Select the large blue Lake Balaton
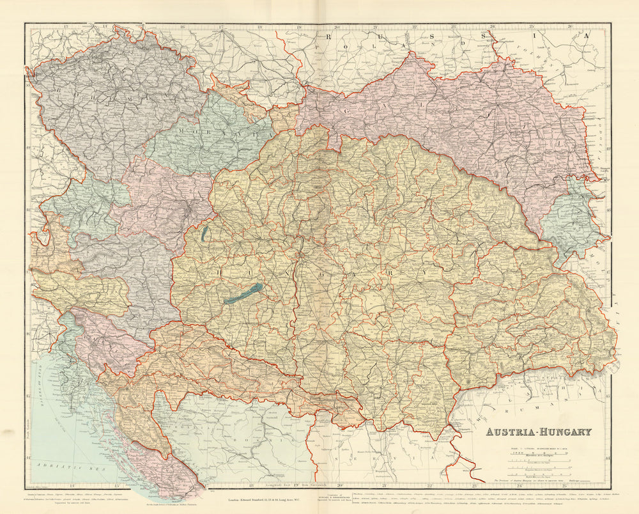(x=243, y=293)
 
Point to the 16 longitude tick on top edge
(x=182, y=27)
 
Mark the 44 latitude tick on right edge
(x=608, y=459)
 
